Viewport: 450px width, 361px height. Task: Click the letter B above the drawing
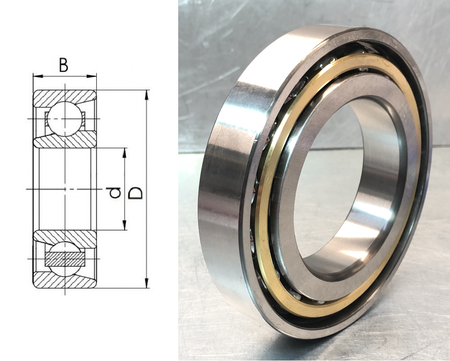(63, 65)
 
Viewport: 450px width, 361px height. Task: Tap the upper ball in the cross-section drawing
(65, 118)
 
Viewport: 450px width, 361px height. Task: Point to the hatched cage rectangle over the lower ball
(65, 259)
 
